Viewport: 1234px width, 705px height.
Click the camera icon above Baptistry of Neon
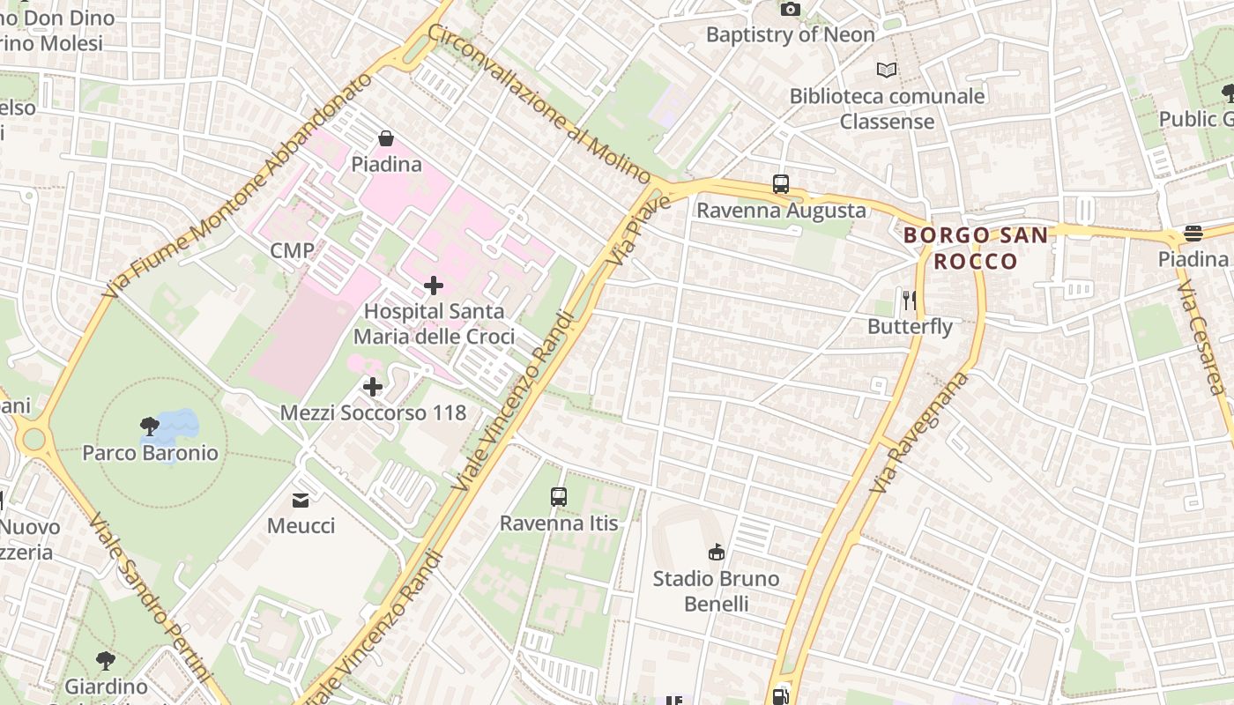coord(791,9)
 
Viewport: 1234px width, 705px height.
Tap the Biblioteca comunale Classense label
coord(887,108)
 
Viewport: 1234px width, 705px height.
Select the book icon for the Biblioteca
coord(887,70)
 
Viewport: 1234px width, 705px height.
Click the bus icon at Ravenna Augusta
coord(781,184)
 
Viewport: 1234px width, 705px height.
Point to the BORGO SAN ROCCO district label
coord(976,248)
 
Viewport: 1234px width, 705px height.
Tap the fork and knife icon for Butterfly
coord(910,301)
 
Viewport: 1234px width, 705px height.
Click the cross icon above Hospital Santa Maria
coord(434,286)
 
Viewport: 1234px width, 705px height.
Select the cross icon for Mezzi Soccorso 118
coord(373,387)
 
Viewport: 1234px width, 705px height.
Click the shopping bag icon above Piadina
coord(386,138)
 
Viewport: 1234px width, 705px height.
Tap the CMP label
coord(292,250)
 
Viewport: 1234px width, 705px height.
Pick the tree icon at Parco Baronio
coord(150,427)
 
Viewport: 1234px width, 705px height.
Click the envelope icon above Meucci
coord(301,501)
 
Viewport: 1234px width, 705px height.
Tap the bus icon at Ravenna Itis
coord(559,497)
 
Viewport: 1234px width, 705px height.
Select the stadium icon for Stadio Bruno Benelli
coord(716,553)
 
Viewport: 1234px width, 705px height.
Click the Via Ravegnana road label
coord(918,434)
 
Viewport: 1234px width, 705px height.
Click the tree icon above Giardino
coord(106,661)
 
